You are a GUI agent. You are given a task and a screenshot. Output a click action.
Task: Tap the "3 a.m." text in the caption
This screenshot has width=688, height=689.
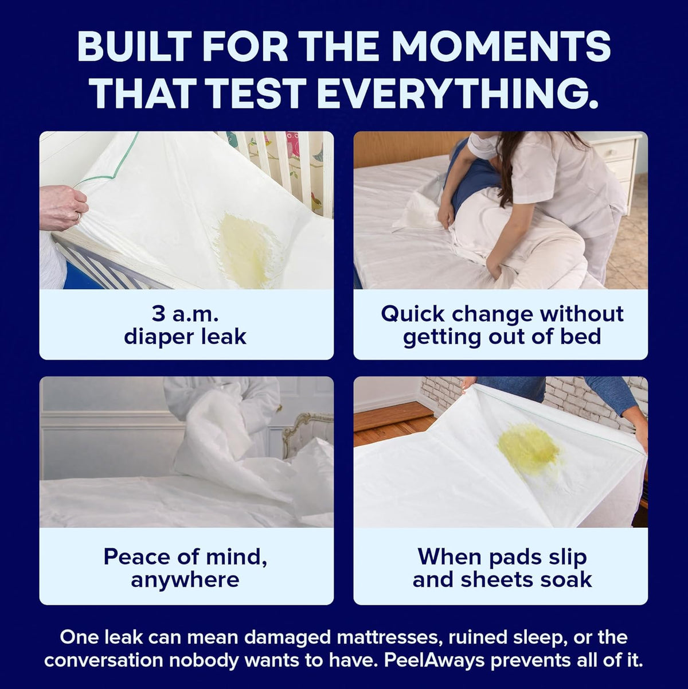185,314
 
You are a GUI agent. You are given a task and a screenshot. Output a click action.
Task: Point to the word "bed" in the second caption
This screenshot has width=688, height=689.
580,336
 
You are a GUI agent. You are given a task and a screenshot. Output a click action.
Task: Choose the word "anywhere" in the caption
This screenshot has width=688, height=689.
185,581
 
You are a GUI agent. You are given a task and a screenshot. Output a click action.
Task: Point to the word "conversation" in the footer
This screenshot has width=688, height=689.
104,660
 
